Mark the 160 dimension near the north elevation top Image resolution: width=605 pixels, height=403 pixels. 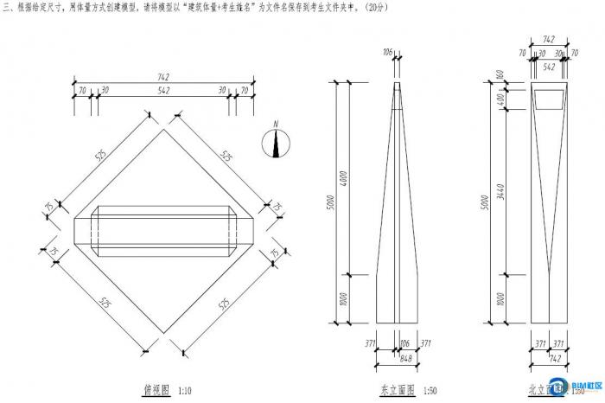pos(501,74)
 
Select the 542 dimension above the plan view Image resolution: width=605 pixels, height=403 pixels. pos(163,90)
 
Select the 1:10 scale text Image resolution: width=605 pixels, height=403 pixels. pos(185,390)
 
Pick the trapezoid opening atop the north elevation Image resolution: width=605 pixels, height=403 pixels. pos(549,99)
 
